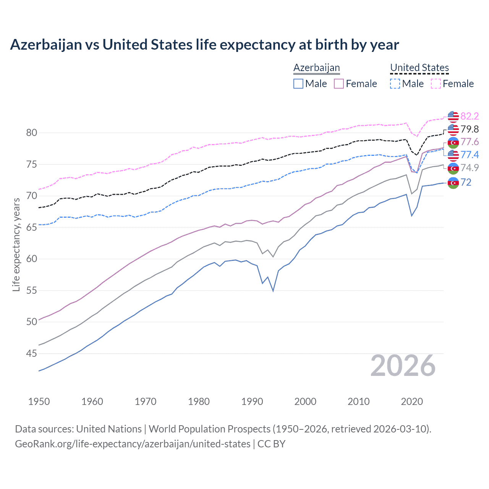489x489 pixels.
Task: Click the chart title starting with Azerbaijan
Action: (x=204, y=45)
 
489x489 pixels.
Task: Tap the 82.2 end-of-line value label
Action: (x=470, y=116)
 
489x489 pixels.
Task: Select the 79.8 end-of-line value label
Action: (x=470, y=129)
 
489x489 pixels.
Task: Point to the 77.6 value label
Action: (x=470, y=142)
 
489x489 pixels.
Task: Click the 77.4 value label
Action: (x=470, y=155)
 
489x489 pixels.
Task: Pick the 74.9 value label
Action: (x=470, y=168)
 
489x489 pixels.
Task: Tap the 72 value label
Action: (x=466, y=182)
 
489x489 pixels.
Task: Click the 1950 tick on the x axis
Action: (x=39, y=402)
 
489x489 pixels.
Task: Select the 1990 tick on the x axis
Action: (x=252, y=402)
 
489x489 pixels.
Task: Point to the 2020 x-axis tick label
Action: (x=412, y=402)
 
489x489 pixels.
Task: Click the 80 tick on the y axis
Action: (x=31, y=133)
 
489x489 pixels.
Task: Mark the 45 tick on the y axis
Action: (x=31, y=354)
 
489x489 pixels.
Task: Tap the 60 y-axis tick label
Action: (x=31, y=259)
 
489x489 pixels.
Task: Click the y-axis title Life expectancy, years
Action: (x=16, y=244)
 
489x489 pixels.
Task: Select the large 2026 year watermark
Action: (x=403, y=366)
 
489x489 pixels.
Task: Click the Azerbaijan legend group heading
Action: (x=316, y=68)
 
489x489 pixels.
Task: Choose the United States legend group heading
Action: (x=419, y=68)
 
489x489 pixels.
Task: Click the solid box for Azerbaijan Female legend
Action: (x=339, y=84)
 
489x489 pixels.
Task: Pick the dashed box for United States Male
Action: (x=395, y=84)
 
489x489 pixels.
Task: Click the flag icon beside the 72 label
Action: (x=453, y=183)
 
